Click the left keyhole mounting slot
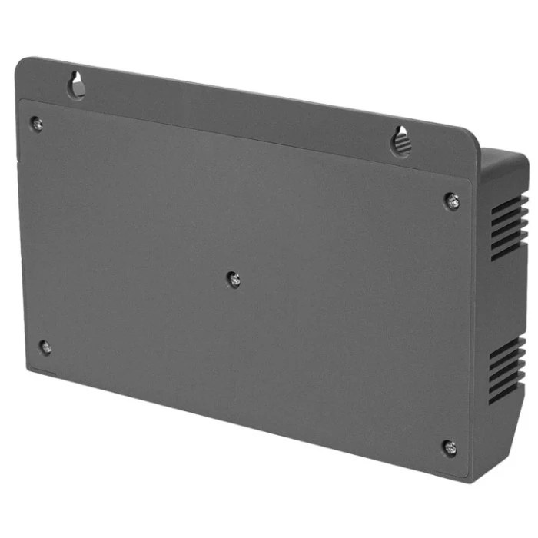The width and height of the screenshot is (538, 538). [x=77, y=85]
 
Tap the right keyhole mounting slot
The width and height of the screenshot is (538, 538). [x=400, y=140]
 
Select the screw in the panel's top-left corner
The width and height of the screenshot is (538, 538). [x=35, y=122]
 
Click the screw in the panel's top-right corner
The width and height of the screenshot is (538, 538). [x=453, y=201]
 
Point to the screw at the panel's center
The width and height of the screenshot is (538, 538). [x=234, y=279]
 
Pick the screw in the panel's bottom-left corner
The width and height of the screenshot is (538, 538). [x=45, y=347]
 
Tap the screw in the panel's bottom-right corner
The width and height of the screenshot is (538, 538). [x=450, y=447]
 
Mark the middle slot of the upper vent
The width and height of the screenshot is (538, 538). [x=508, y=227]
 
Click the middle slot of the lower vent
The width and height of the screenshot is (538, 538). [x=506, y=369]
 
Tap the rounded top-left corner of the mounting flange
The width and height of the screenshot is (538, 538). [x=22, y=63]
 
